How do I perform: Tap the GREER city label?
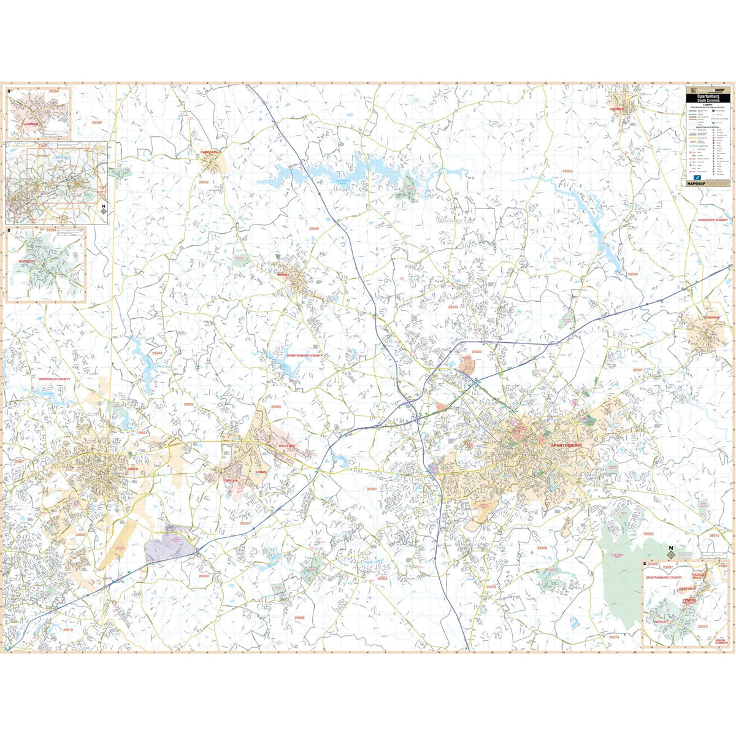pos(132,469)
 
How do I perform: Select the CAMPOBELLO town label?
pos(210,151)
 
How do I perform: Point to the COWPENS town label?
pos(711,318)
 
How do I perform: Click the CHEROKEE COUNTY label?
pos(712,220)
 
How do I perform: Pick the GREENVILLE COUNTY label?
pos(55,379)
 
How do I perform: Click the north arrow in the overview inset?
pos(104,210)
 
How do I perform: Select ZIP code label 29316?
pos(453,307)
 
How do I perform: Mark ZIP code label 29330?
pos(632,274)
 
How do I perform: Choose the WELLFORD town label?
pos(286,446)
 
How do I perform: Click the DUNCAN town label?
pos(231,481)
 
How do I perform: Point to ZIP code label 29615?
pos(67,630)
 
